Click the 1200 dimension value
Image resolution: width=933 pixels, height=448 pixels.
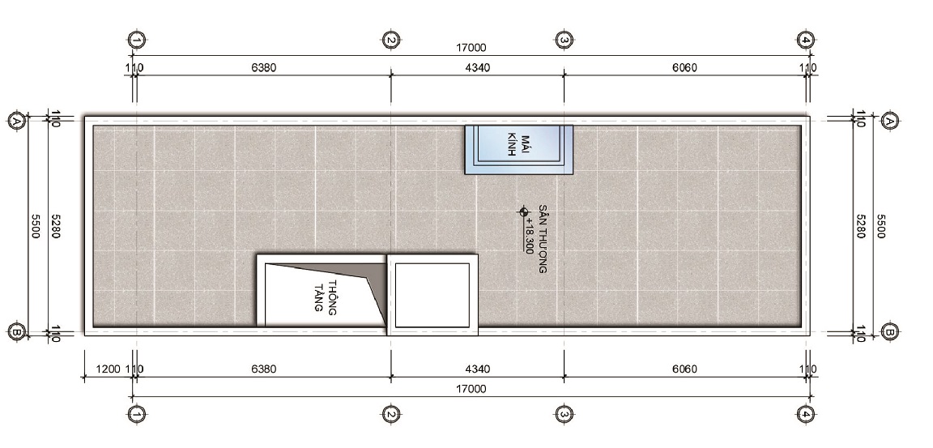(107, 369)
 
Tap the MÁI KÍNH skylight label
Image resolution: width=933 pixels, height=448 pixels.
(519, 145)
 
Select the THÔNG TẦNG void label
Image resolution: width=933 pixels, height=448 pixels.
(326, 296)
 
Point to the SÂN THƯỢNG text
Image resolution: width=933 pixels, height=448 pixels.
(543, 238)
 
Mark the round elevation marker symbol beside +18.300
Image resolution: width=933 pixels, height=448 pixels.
(524, 211)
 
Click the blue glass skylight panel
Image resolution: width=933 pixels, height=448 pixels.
(518, 149)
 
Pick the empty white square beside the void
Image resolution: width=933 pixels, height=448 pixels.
(432, 295)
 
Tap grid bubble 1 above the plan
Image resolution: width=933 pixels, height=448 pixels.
(137, 41)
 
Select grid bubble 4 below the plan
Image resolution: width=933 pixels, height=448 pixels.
(805, 414)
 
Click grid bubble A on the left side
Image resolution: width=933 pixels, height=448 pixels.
(17, 122)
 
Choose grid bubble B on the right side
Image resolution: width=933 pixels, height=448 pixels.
(889, 331)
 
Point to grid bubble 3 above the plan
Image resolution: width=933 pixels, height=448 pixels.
(564, 41)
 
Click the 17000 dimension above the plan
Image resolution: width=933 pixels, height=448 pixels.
(471, 48)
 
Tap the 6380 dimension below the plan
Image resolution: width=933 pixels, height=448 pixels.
(263, 369)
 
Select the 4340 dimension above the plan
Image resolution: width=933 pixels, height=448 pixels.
(477, 68)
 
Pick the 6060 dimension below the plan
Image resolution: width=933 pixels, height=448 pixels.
(684, 369)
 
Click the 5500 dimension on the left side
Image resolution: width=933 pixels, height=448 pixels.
(35, 226)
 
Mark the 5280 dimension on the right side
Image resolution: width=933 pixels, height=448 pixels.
(860, 226)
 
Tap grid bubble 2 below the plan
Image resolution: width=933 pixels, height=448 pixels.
(390, 414)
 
